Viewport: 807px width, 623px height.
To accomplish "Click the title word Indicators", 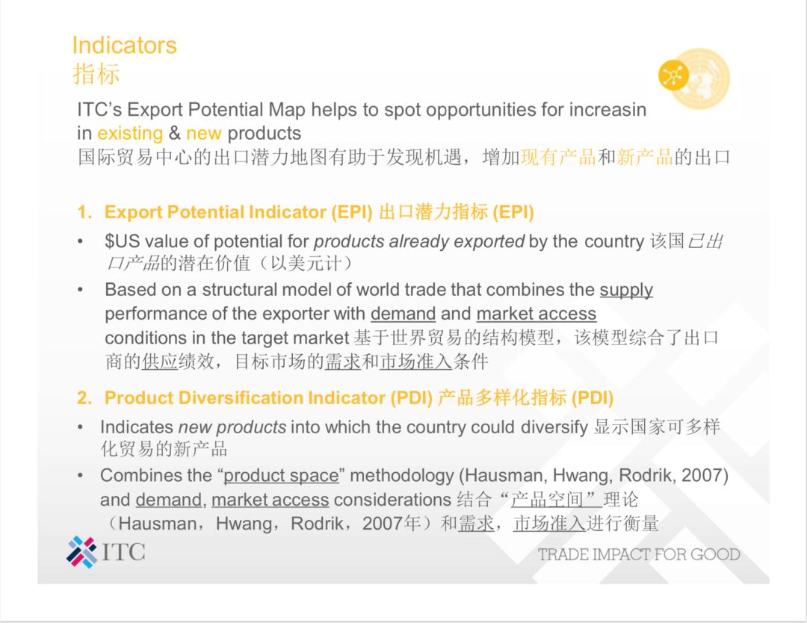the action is point(125,46).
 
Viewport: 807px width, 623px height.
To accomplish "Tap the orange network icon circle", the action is point(673,75).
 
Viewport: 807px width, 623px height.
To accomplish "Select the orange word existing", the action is point(130,133).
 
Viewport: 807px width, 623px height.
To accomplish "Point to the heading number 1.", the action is point(84,212).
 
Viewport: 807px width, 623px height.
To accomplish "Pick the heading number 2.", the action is point(84,397).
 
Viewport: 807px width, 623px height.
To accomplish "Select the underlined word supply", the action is point(626,291).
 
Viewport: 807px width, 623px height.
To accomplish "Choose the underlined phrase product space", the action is point(281,476).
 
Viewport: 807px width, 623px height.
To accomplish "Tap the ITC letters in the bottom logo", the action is point(123,552).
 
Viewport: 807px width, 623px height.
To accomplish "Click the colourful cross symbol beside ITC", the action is point(81,552).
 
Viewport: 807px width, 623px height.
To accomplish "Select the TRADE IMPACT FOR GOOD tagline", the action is point(639,554).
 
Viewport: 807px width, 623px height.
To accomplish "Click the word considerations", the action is point(393,500).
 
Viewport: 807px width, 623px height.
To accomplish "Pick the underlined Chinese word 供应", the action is point(160,362).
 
